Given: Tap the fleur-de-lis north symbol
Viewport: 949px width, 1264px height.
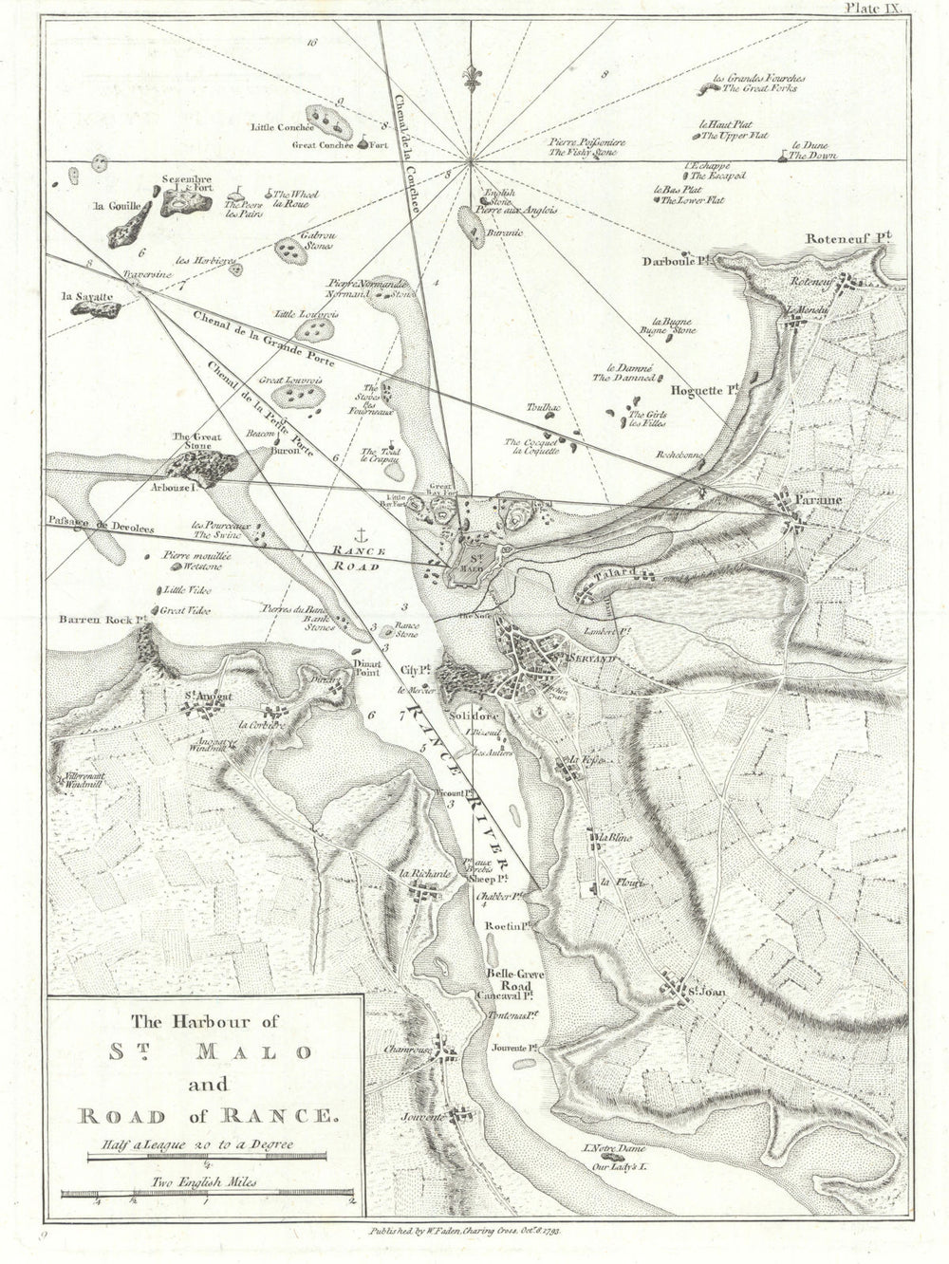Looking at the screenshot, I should click(471, 76).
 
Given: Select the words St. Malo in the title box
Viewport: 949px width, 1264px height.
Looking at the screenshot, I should click(207, 1052).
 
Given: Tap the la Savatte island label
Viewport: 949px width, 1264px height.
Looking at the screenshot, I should click(86, 296).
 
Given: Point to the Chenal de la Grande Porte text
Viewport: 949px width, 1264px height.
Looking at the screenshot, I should click(251, 336).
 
